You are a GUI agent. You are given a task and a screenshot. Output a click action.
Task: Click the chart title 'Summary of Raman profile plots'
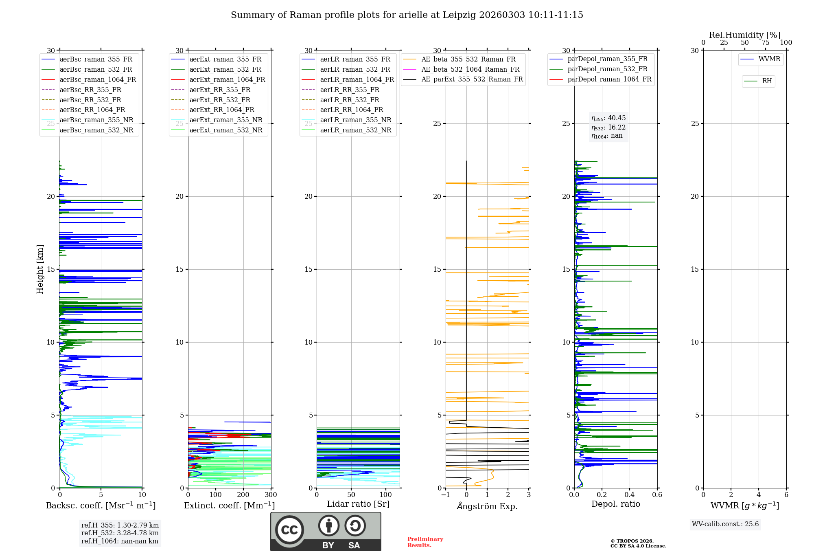click(x=407, y=15)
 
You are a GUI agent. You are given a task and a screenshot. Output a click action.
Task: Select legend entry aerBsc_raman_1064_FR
click(x=98, y=79)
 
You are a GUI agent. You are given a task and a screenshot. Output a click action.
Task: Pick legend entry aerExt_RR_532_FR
click(x=220, y=100)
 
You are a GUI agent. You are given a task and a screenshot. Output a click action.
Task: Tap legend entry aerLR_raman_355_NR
click(x=355, y=120)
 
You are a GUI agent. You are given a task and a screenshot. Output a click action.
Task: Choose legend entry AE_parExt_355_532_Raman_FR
click(x=472, y=79)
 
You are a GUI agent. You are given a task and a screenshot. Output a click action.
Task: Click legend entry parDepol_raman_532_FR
click(x=607, y=69)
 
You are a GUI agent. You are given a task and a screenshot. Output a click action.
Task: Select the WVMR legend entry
click(x=769, y=59)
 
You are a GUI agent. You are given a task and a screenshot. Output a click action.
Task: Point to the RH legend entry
click(x=767, y=81)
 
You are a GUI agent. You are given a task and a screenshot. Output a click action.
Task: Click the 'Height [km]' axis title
click(x=40, y=269)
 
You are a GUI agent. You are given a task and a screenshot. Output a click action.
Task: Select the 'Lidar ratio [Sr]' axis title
click(x=358, y=504)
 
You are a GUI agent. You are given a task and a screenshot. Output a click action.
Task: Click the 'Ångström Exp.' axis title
click(x=487, y=506)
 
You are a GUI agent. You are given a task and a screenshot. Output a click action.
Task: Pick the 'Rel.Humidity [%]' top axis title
click(x=744, y=35)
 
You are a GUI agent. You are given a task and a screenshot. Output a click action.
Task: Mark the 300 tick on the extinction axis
click(x=271, y=495)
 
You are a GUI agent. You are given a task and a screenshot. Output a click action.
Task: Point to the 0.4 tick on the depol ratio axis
click(x=630, y=495)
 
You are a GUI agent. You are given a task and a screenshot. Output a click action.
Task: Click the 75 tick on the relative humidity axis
click(x=765, y=43)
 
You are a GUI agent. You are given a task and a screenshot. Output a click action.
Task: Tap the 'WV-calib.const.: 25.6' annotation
click(x=725, y=524)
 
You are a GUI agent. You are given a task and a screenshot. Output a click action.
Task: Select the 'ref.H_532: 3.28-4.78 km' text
click(x=120, y=533)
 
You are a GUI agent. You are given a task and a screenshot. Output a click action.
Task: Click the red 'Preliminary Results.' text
click(x=425, y=542)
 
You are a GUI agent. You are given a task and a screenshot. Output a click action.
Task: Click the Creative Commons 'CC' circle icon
click(x=289, y=530)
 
